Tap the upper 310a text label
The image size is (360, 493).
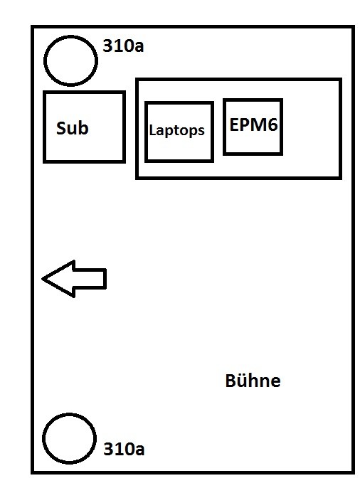[x=123, y=46]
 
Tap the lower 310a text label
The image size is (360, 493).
[x=124, y=449]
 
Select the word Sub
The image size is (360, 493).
[x=73, y=128]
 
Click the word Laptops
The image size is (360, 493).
[x=176, y=130]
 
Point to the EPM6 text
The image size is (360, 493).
[x=253, y=124]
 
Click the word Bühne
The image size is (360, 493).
[x=253, y=381]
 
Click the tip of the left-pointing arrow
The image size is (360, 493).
[x=43, y=279]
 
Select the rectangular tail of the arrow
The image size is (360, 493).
[x=90, y=279]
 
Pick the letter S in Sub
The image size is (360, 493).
[x=61, y=128]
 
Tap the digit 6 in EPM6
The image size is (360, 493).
[x=273, y=124]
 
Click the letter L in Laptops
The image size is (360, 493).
[x=152, y=129]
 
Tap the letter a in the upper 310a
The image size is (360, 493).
[x=139, y=48]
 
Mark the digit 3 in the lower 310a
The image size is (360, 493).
[x=108, y=449]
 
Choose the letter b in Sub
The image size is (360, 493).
[x=84, y=127]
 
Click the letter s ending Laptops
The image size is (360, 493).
[x=201, y=132]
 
